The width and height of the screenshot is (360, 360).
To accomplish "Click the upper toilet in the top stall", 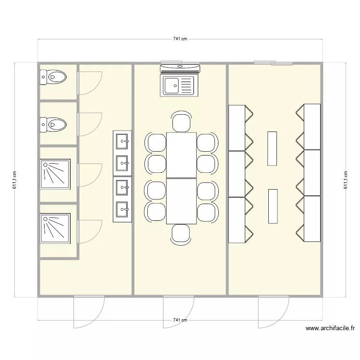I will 53,76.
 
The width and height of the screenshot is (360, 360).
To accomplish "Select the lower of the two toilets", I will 53,124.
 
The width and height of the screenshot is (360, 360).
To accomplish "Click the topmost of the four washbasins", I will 122,141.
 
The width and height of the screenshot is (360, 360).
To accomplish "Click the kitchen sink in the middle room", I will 179,86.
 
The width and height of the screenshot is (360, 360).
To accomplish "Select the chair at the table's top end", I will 181,122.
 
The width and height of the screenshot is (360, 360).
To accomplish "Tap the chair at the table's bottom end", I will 181,234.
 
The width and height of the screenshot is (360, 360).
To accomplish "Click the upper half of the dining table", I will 181,155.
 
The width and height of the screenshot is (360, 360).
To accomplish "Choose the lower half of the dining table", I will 181,201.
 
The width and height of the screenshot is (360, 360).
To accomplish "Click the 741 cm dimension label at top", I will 180,39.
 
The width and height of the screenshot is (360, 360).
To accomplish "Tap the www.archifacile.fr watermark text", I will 330,329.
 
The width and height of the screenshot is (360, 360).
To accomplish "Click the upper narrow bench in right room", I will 272,148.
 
